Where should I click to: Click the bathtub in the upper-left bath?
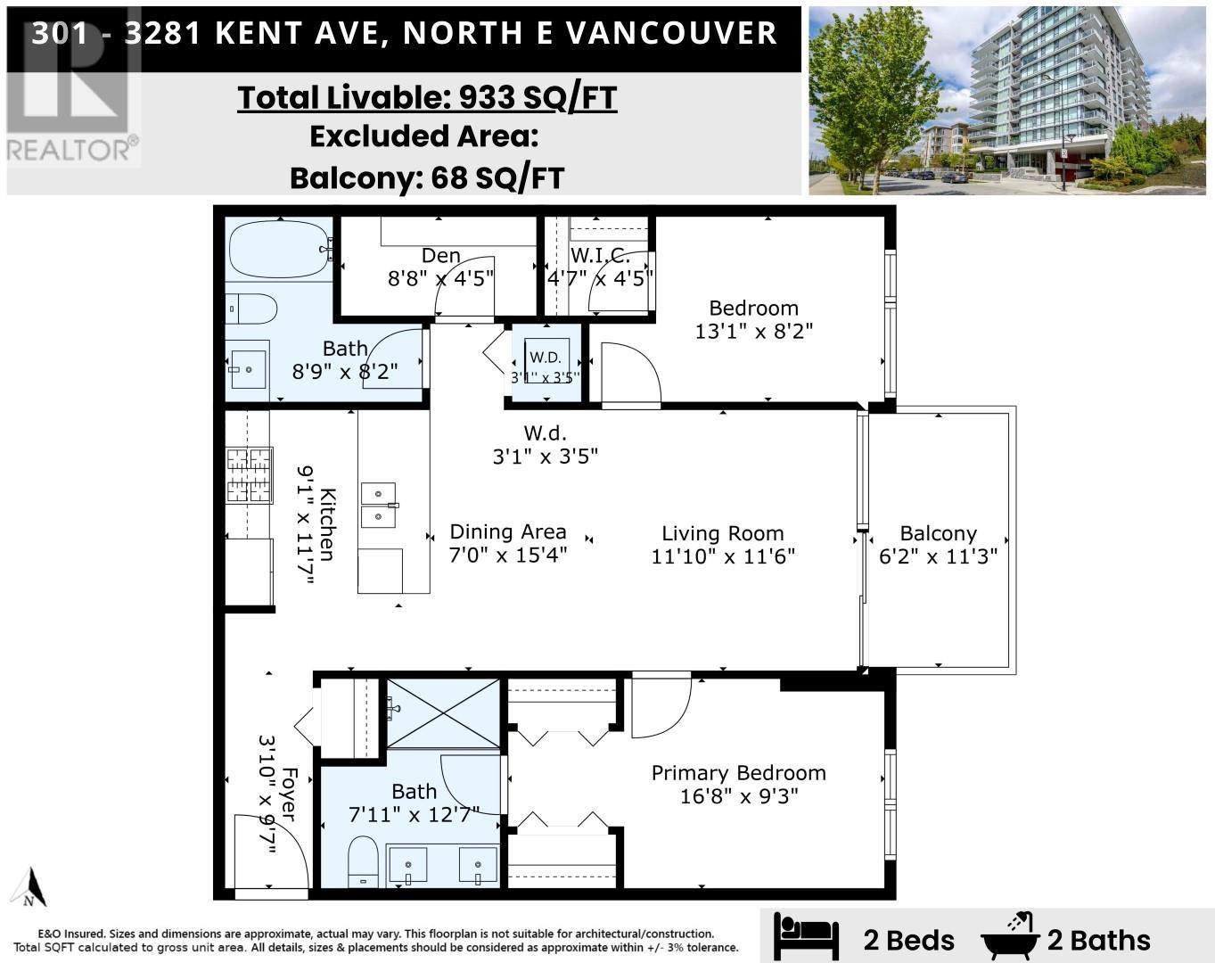279,250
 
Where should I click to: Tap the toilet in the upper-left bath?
251,309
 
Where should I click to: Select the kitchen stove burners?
248,475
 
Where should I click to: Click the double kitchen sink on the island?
379,505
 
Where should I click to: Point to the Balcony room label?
938,533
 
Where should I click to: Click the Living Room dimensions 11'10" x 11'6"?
723,556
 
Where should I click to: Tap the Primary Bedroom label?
738,773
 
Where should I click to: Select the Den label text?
440,256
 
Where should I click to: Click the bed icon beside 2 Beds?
806,937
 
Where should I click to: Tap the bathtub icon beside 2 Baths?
1011,937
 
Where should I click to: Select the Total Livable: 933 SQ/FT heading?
427,97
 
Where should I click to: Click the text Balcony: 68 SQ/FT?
427,177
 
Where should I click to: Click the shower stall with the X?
442,713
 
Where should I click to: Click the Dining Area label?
507,532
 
